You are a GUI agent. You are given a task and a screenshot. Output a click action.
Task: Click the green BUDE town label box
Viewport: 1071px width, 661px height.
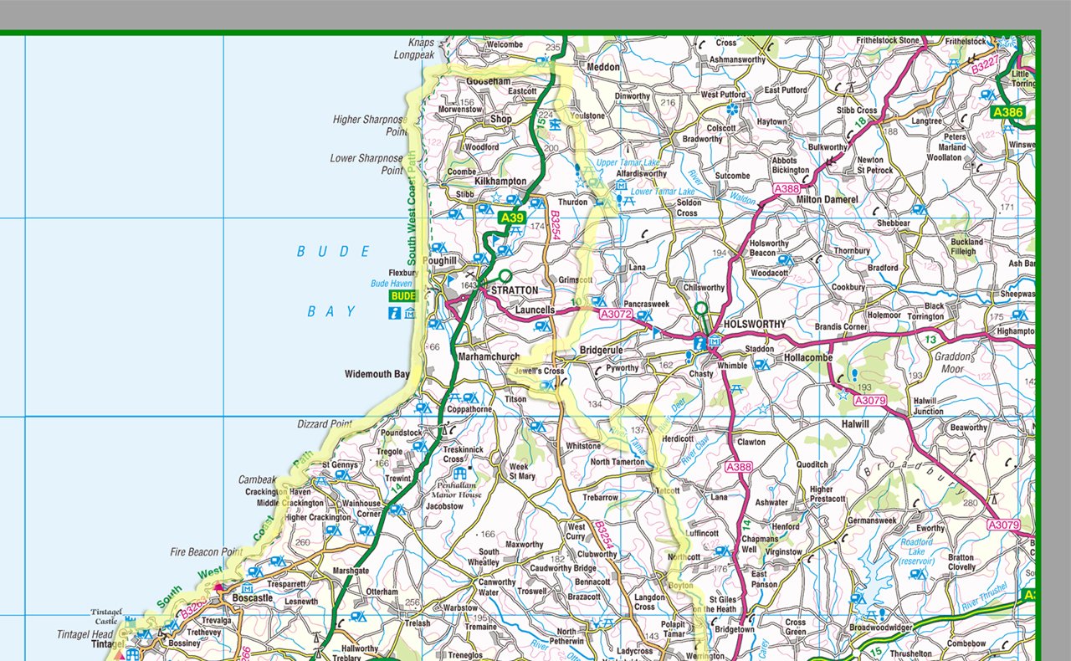[402, 296]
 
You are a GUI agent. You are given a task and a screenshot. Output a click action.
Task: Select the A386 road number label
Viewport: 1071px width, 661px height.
[1007, 111]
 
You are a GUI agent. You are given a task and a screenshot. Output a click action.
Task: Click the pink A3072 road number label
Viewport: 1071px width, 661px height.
[615, 314]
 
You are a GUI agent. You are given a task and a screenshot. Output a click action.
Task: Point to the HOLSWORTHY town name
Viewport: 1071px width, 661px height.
[755, 324]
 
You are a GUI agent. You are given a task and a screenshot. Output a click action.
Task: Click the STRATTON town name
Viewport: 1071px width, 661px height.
[514, 290]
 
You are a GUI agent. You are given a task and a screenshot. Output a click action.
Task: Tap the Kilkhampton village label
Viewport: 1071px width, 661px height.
[500, 182]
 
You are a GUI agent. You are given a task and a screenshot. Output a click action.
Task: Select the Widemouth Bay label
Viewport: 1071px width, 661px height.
[377, 374]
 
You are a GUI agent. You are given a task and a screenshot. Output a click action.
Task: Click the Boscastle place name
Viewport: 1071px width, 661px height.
[252, 598]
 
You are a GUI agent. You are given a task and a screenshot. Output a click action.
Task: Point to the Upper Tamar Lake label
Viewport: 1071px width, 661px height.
[628, 162]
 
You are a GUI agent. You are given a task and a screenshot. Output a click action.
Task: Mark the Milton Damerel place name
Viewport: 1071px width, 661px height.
[827, 199]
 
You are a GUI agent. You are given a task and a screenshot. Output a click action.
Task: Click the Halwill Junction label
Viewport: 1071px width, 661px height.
[929, 407]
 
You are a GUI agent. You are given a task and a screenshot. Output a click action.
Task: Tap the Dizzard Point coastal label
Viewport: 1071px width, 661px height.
[325, 424]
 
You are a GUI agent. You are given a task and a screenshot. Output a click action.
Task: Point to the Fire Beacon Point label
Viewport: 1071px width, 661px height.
[206, 552]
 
